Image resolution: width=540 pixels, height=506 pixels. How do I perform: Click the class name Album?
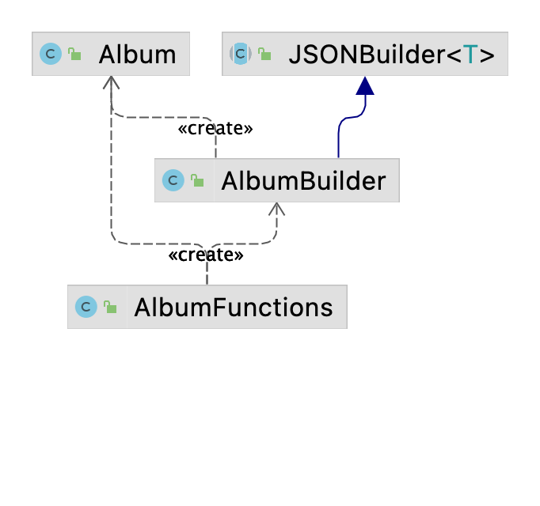point(138,55)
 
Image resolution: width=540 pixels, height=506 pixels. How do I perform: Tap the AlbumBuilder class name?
point(303,181)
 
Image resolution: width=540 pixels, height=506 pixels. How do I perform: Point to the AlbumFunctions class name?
point(234,307)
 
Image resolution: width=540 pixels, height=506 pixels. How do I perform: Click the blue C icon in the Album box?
point(50,55)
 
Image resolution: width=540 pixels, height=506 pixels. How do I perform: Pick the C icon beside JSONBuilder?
point(240,55)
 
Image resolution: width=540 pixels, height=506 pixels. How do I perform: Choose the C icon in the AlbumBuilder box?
point(173,181)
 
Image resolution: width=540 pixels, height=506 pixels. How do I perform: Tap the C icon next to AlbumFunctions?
point(86,307)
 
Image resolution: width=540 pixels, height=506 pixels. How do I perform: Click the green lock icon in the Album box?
point(74,55)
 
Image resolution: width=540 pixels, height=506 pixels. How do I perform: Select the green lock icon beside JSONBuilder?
point(264,55)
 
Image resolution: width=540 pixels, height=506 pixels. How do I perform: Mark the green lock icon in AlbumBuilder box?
point(197,181)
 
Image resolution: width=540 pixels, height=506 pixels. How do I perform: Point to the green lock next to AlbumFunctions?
point(110,307)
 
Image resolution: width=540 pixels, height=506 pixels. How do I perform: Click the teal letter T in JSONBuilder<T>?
point(470,55)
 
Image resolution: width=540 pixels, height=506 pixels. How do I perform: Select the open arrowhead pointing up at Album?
point(112,81)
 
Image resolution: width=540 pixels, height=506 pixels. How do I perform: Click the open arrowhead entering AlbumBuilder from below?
point(276,208)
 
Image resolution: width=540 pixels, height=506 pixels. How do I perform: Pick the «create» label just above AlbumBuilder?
point(216,129)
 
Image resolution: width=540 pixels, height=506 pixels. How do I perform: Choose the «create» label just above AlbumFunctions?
point(205,255)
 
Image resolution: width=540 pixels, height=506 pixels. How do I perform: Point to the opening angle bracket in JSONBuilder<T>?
point(452,55)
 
